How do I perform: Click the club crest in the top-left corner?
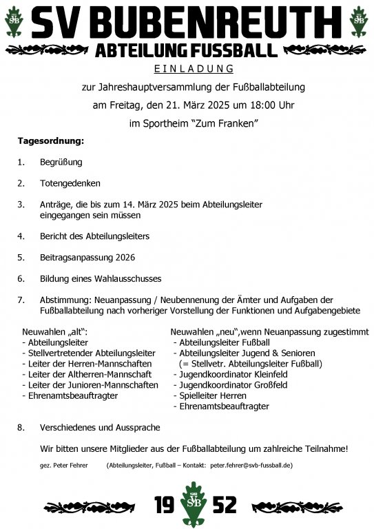click(x=14, y=21)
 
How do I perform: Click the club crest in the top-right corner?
click(x=359, y=21)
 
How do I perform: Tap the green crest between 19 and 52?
click(x=187, y=504)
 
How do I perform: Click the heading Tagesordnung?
click(x=50, y=141)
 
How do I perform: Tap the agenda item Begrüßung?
click(x=61, y=163)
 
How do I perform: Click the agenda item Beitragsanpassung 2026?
click(x=87, y=257)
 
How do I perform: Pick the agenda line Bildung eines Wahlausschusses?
click(x=101, y=278)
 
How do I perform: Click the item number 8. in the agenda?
click(x=21, y=428)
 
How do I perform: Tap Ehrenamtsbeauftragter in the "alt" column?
click(x=72, y=396)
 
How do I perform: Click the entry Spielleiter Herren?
click(x=213, y=396)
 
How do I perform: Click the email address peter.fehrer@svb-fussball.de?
click(x=251, y=466)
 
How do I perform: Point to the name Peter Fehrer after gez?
click(x=70, y=466)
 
